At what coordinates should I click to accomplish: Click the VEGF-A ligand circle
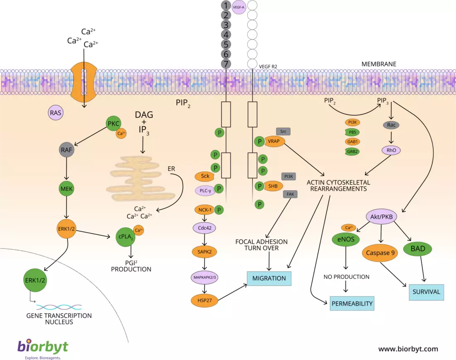tap(238, 7)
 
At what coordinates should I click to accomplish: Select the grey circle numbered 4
tap(226, 34)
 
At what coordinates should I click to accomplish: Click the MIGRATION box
tap(269, 278)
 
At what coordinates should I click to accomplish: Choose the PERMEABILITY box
tap(352, 303)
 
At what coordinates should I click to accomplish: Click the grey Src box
tap(283, 131)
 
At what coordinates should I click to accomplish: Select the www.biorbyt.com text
tap(408, 349)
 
